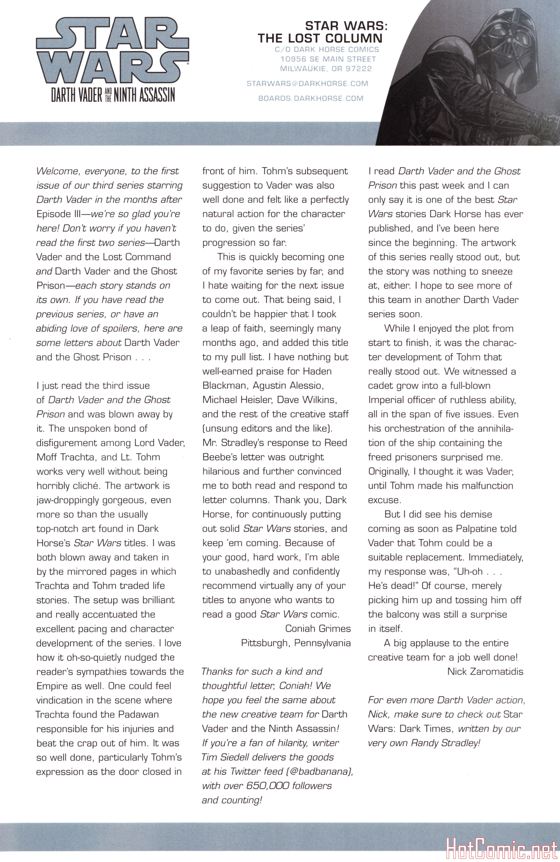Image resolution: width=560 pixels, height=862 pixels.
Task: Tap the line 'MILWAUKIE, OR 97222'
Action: pos(326,68)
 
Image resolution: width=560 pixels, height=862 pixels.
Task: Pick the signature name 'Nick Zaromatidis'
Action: pos(485,671)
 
